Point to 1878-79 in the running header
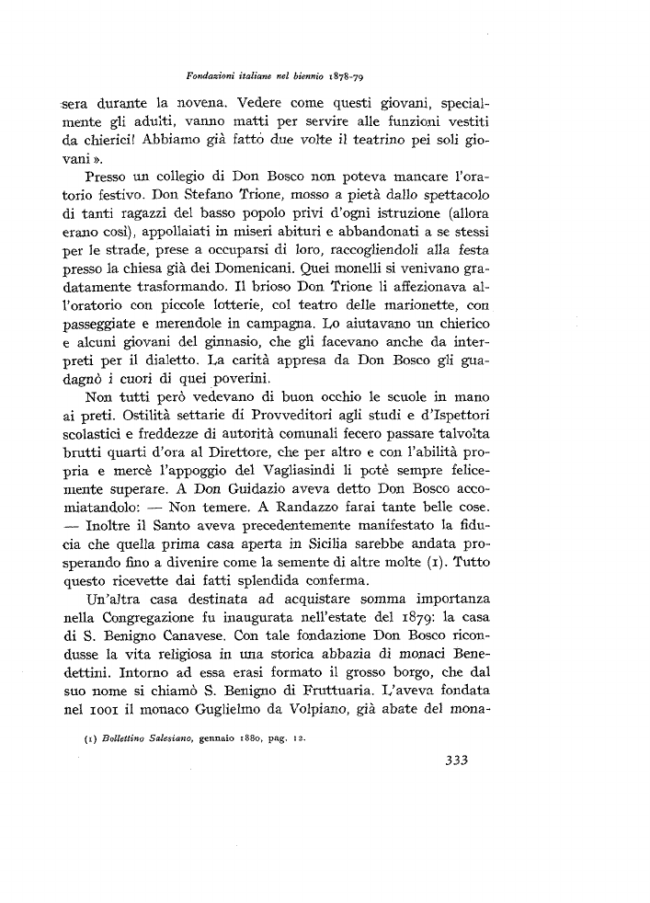[x=348, y=75]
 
